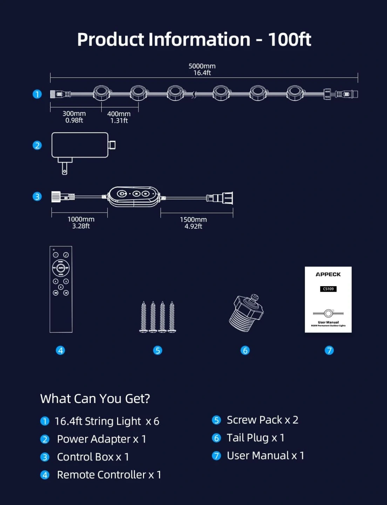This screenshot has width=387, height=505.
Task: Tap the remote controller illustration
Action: pyautogui.click(x=61, y=289)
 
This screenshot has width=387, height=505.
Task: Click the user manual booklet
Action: pyautogui.click(x=328, y=299)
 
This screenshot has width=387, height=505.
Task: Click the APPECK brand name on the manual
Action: pyautogui.click(x=328, y=274)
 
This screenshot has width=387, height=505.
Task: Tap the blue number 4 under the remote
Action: pyautogui.click(x=60, y=350)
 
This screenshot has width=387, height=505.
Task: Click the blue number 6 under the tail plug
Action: pyautogui.click(x=245, y=350)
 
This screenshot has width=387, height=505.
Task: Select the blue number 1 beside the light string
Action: pyautogui.click(x=37, y=94)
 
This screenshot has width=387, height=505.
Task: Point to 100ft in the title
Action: pyautogui.click(x=290, y=39)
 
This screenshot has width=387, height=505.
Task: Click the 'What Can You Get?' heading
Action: pyautogui.click(x=95, y=399)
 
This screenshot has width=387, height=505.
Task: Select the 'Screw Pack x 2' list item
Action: pyautogui.click(x=262, y=420)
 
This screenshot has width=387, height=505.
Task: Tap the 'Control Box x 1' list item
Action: pyautogui.click(x=93, y=457)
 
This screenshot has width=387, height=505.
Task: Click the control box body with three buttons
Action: pyautogui.click(x=134, y=196)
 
